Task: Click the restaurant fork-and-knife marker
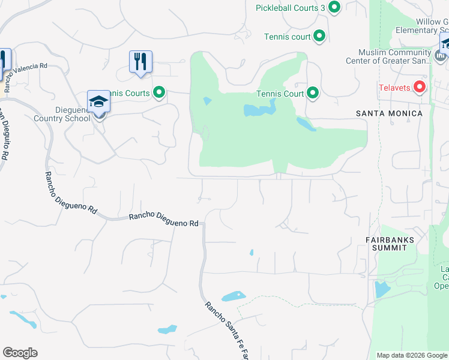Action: (x=140, y=62)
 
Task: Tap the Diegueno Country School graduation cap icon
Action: (x=98, y=103)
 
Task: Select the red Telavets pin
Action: (x=420, y=88)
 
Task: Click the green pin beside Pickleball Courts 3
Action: (x=334, y=7)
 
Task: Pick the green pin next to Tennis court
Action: (x=319, y=37)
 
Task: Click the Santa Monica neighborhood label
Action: (x=389, y=113)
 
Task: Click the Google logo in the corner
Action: (x=20, y=353)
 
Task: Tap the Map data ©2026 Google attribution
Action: (x=412, y=355)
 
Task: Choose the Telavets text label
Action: (x=394, y=88)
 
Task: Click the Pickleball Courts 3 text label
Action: (x=290, y=7)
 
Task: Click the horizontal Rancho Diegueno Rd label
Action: (x=163, y=220)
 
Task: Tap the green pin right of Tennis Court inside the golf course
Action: (x=313, y=93)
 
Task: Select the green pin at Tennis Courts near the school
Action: (x=159, y=92)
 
